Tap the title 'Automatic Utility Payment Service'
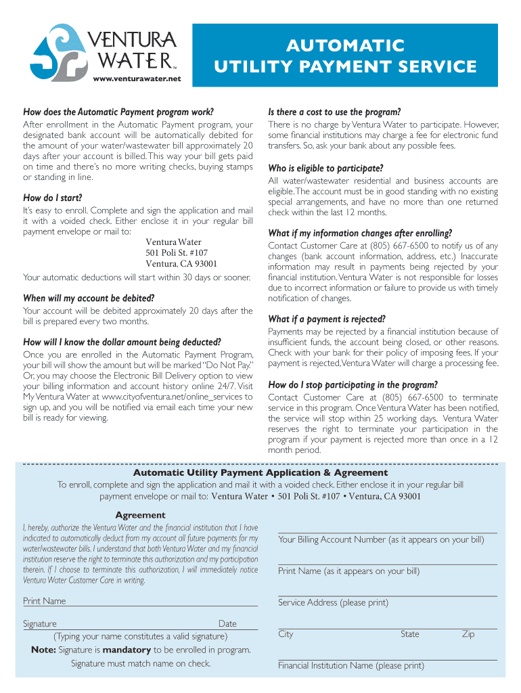click(x=345, y=56)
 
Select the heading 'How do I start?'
click(x=53, y=198)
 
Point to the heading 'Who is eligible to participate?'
click(x=326, y=168)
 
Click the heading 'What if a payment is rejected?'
click(x=327, y=319)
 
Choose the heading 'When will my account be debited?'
click(x=89, y=298)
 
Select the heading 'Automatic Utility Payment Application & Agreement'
click(x=260, y=472)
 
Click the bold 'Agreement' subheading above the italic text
click(x=140, y=515)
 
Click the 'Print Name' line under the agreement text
click(x=45, y=601)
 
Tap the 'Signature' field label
click(x=40, y=624)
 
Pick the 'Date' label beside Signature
click(x=227, y=624)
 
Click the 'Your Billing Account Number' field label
click(x=381, y=539)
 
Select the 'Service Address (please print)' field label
click(x=333, y=602)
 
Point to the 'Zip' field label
click(x=468, y=634)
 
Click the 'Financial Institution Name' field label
click(x=350, y=665)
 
